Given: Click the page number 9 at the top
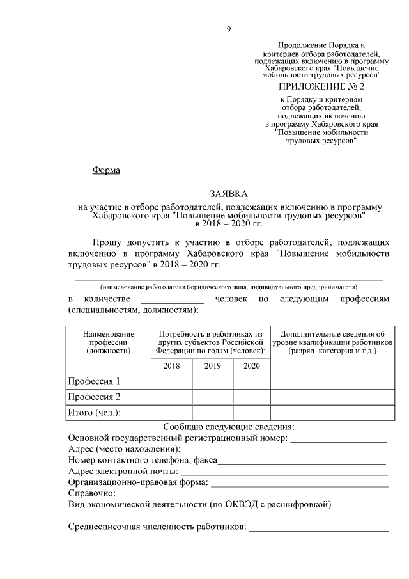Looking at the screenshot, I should (228, 28).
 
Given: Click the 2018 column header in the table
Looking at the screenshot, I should (171, 366).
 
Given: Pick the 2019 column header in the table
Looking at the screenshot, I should (212, 366).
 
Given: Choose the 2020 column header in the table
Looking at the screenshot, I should (252, 366).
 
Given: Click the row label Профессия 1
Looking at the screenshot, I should (94, 382).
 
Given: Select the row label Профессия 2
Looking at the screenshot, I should (94, 397).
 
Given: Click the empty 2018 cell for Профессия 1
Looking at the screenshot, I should (171, 382).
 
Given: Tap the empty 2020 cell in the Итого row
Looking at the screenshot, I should (252, 413).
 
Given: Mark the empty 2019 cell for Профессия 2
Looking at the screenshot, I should (212, 397).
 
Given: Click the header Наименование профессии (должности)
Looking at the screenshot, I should (109, 342).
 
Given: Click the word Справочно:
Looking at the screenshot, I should (91, 493).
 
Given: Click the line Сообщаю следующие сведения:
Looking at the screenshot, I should (228, 427).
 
